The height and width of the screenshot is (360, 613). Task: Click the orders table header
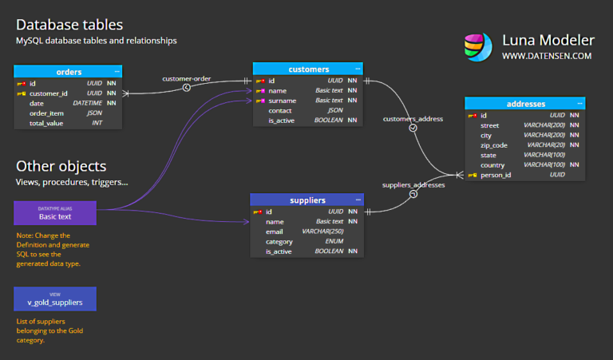(68, 72)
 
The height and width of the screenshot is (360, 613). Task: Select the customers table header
(307, 69)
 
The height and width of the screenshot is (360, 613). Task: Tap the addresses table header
(525, 104)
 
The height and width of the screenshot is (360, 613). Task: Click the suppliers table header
(306, 200)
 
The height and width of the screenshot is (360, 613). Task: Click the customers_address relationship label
(413, 118)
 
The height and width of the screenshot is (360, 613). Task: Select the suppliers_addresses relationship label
(413, 184)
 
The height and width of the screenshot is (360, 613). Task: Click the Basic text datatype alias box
(55, 213)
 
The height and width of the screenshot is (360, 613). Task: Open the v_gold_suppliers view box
(55, 299)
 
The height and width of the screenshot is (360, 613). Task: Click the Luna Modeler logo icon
(478, 46)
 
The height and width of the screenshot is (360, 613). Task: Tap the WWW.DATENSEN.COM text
(547, 56)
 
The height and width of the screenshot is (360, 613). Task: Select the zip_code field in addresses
(495, 145)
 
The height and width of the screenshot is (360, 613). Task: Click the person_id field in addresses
(496, 175)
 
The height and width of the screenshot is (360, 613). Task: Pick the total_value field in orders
(47, 123)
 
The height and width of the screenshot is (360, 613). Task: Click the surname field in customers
(283, 101)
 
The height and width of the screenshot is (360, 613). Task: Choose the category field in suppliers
(279, 241)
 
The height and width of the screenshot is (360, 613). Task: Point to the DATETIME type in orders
(87, 103)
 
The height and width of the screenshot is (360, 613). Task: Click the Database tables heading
(69, 25)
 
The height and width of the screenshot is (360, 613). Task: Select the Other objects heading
(61, 166)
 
